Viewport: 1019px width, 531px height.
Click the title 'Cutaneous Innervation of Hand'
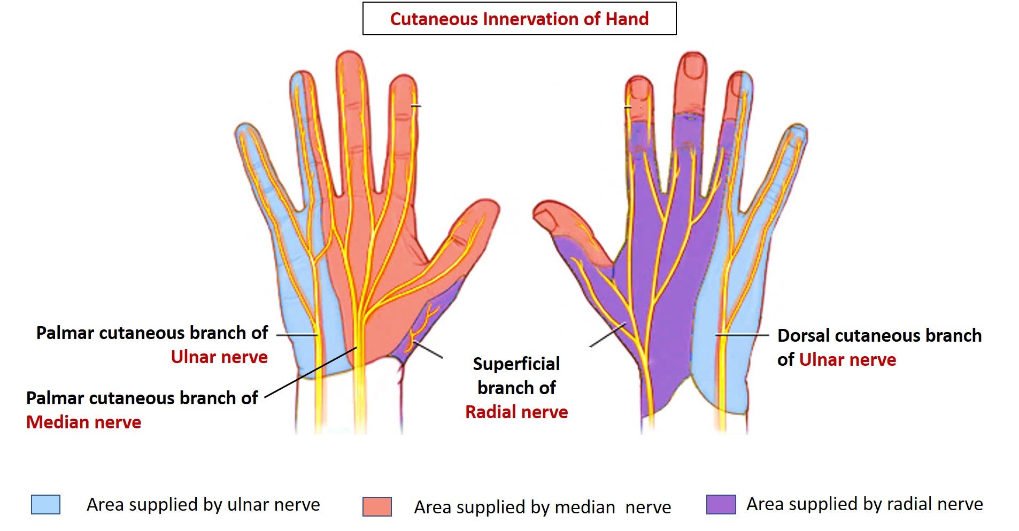[x=519, y=19]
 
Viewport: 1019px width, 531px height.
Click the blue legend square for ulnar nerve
[x=45, y=504]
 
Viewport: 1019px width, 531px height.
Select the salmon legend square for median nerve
[x=377, y=506]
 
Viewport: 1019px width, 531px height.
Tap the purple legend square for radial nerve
[x=721, y=504]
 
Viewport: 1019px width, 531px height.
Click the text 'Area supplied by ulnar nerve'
[x=203, y=504]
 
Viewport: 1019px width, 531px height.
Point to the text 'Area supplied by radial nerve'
[x=864, y=504]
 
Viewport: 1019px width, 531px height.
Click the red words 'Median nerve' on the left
[x=84, y=422]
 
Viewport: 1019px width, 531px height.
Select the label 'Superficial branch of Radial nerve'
[x=516, y=388]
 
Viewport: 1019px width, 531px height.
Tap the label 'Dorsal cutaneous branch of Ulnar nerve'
[x=879, y=348]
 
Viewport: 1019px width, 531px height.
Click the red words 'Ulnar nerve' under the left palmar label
[x=219, y=357]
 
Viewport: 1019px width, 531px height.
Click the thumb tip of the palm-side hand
[x=484, y=211]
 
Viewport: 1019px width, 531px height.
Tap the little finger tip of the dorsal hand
[x=797, y=134]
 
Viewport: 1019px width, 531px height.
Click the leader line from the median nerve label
[x=310, y=372]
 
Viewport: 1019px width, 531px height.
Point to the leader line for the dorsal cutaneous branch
[x=742, y=335]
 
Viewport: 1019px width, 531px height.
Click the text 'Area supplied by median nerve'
[x=542, y=507]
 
